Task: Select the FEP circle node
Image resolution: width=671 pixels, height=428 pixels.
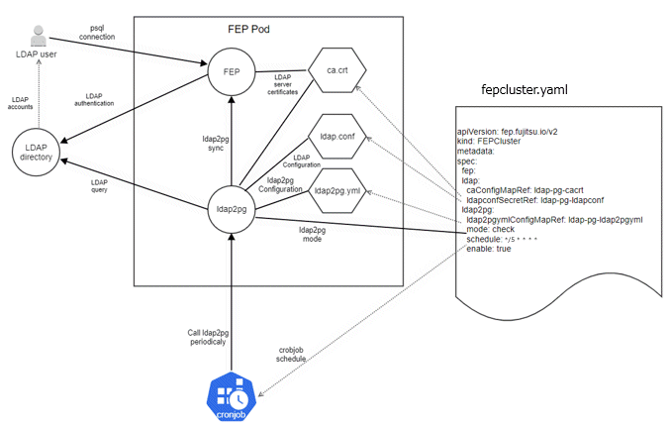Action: tap(229, 72)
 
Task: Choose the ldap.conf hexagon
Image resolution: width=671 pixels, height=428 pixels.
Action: tap(337, 135)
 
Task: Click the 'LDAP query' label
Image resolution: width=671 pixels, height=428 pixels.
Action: tap(99, 186)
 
